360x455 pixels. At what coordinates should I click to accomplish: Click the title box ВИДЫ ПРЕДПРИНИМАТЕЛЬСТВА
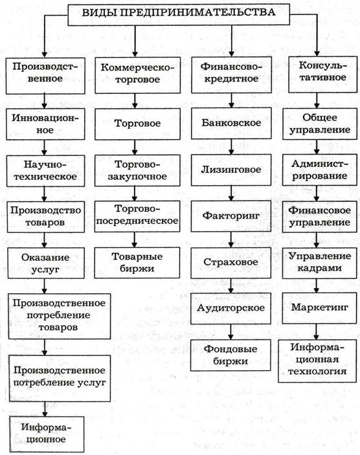pos(179,14)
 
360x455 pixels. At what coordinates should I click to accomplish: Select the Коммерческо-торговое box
pos(138,75)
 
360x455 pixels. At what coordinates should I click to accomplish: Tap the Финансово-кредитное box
pos(231,74)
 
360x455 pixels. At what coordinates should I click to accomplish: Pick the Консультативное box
pos(323,74)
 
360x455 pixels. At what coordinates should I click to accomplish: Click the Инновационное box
pos(45,124)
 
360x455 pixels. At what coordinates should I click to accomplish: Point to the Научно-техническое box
pos(45,171)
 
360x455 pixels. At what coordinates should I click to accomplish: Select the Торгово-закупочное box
pos(137,170)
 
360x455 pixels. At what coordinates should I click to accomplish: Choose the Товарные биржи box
pos(137,263)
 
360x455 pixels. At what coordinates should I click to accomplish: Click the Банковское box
pos(231,123)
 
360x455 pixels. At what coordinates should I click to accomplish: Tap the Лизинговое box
pos(231,170)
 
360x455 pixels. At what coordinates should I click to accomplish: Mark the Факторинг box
pos(231,216)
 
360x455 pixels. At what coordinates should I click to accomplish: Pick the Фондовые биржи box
pos(231,355)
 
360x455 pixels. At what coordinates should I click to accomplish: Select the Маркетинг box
pos(319,308)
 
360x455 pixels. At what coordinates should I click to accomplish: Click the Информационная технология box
pos(317,361)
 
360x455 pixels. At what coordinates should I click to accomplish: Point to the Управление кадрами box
pos(319,263)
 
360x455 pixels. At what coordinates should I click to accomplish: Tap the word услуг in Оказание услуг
pos(45,270)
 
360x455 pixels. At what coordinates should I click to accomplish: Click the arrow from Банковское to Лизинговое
pos(231,146)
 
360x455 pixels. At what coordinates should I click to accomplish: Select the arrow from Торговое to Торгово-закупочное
pos(135,148)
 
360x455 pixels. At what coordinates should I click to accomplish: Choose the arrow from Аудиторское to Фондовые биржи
pos(231,332)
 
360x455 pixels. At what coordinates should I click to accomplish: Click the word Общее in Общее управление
pos(320,118)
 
